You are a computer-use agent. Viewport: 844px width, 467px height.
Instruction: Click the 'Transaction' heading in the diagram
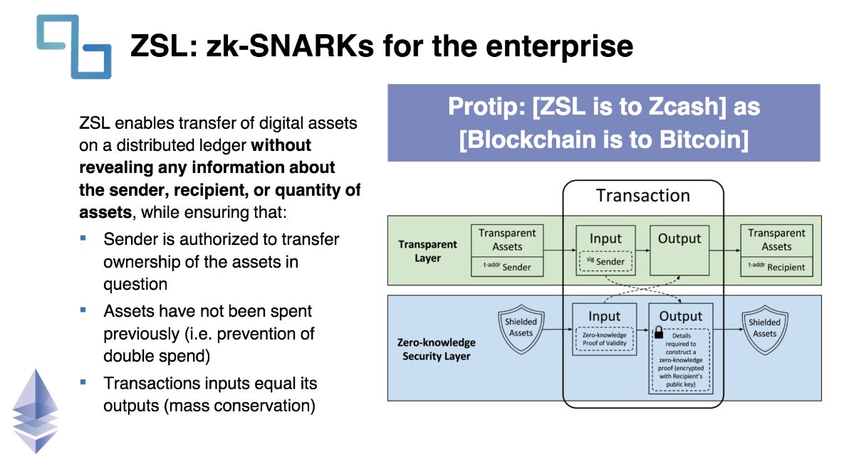(642, 196)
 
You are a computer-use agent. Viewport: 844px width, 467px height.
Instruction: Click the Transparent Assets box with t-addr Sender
(507, 250)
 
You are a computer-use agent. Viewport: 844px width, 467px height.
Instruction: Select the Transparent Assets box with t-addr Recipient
(776, 250)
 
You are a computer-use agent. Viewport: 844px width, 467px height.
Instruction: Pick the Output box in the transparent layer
(679, 250)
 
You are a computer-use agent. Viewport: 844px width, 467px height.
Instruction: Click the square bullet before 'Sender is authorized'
(83, 237)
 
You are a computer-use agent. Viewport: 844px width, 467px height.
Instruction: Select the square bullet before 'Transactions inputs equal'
(83, 382)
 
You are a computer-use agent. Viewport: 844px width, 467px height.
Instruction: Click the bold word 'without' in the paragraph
(281, 145)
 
